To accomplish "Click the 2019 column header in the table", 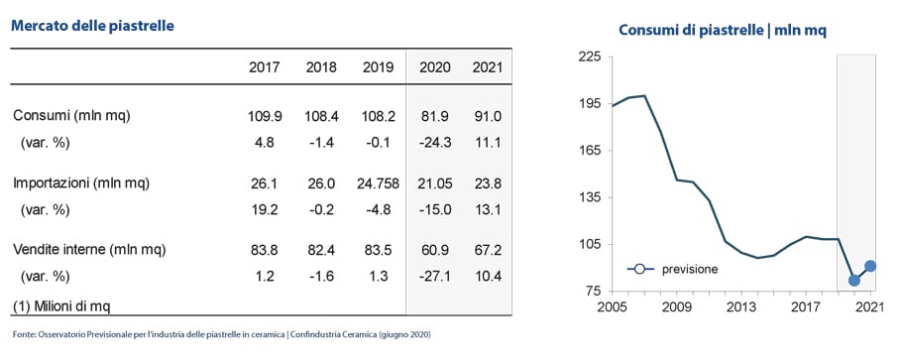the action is (x=378, y=67).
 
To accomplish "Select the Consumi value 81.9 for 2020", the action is (x=435, y=116).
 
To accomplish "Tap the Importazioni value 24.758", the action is (x=378, y=184).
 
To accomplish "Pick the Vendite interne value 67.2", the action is (x=487, y=250).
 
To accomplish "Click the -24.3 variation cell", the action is (x=435, y=143).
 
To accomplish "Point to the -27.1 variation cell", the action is (x=435, y=277).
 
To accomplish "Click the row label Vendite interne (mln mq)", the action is (x=89, y=250).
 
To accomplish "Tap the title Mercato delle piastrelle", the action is (x=93, y=26).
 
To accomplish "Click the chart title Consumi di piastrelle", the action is (x=691, y=30).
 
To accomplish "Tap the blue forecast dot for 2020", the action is (x=854, y=281).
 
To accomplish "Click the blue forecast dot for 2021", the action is (x=870, y=266).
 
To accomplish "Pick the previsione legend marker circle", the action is (x=638, y=269).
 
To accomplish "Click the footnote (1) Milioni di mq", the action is (x=61, y=305).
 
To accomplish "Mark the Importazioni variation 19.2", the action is (x=267, y=210).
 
